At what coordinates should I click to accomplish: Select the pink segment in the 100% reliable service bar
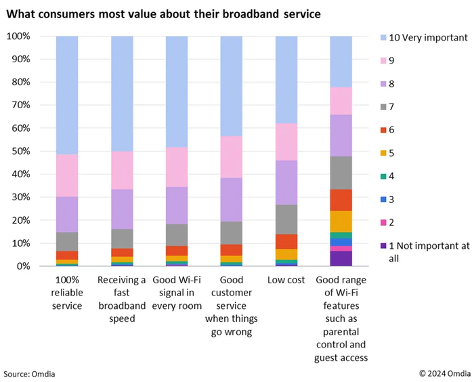coord(75,175)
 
